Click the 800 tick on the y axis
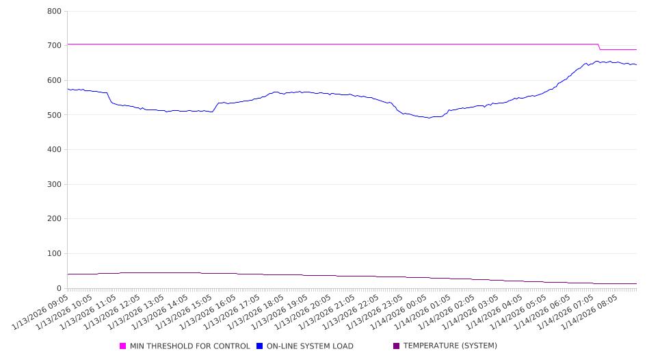[55, 12]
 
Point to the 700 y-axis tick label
[55, 46]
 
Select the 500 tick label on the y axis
[55, 115]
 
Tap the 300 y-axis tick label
[55, 185]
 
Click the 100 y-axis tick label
[55, 254]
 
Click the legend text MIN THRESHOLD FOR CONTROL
[189, 346]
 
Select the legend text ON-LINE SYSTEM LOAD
[310, 346]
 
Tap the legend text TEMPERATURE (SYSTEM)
[450, 346]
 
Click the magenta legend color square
[123, 346]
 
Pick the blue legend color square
[260, 346]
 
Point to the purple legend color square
[397, 346]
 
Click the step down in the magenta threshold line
[600, 47]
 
